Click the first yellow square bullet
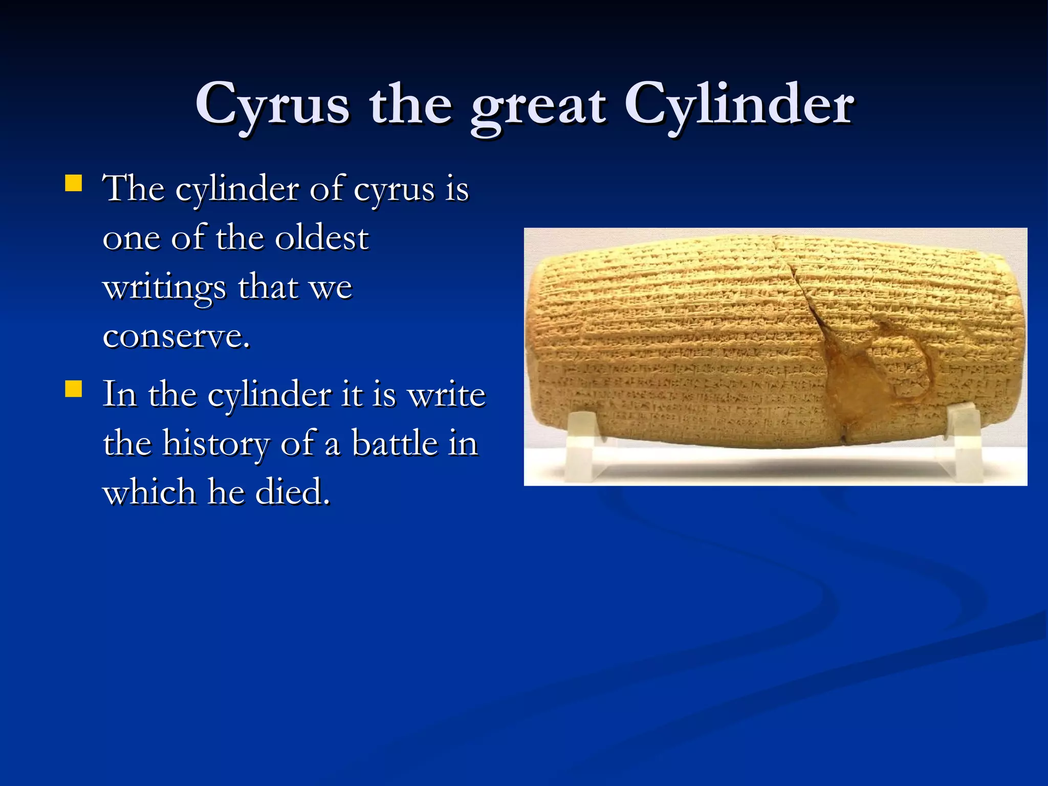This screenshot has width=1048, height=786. click(x=74, y=183)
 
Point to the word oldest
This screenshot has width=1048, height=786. click(x=322, y=238)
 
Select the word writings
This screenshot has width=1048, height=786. click(x=164, y=288)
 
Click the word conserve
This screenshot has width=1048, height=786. click(x=176, y=337)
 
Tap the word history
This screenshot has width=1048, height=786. click(x=215, y=444)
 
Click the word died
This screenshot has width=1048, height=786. click(x=292, y=492)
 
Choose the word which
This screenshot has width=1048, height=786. click(x=149, y=492)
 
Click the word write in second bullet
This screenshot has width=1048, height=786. click(x=448, y=395)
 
